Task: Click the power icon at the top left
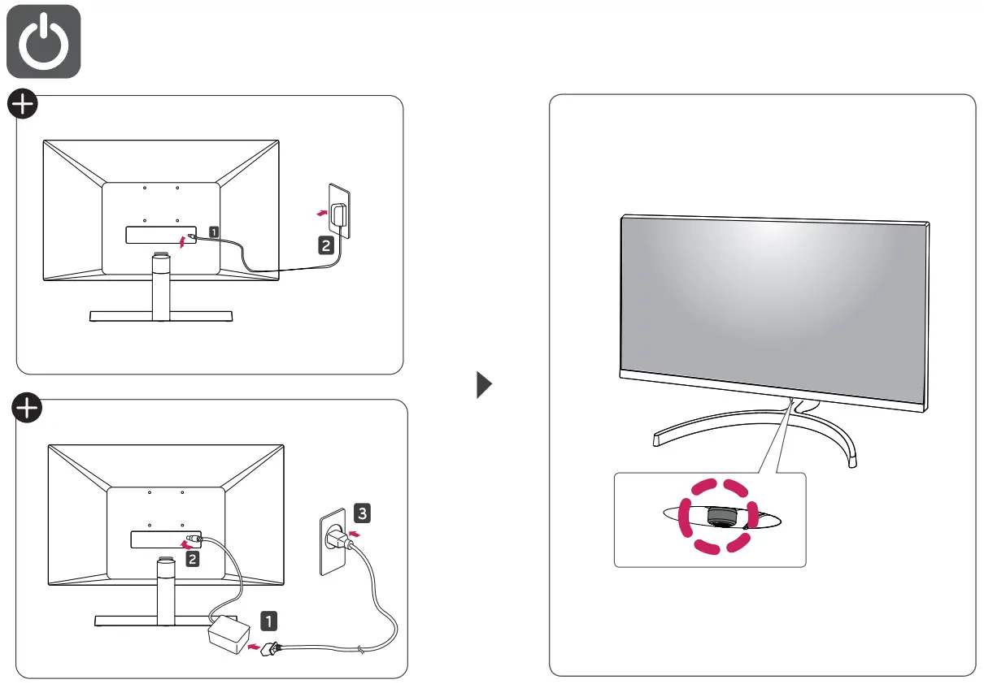point(43,41)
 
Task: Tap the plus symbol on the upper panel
point(23,105)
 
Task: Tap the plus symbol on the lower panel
point(26,409)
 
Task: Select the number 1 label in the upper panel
point(213,232)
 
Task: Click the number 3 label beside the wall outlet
point(363,513)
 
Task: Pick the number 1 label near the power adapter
point(268,621)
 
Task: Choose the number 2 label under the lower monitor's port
point(192,558)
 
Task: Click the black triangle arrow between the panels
point(485,384)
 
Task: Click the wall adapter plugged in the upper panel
point(341,214)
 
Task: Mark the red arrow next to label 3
point(352,535)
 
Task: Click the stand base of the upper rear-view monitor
point(161,316)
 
